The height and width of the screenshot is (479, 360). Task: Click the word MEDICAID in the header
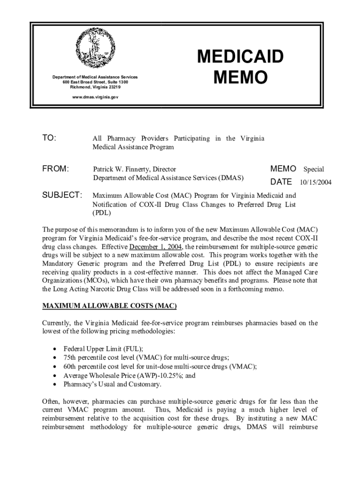pos(240,57)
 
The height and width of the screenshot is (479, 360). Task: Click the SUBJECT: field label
pos(63,195)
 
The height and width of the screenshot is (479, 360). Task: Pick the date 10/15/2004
pos(316,182)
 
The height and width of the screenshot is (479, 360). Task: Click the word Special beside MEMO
pos(314,169)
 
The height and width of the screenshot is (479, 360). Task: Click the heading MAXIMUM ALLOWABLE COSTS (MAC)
pos(109,306)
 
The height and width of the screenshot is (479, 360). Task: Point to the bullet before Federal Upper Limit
pos(56,349)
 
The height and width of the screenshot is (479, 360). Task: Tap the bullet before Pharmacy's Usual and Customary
pos(56,385)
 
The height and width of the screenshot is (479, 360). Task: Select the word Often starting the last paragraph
pos(51,402)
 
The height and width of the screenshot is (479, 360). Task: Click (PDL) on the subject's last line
pos(101,213)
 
